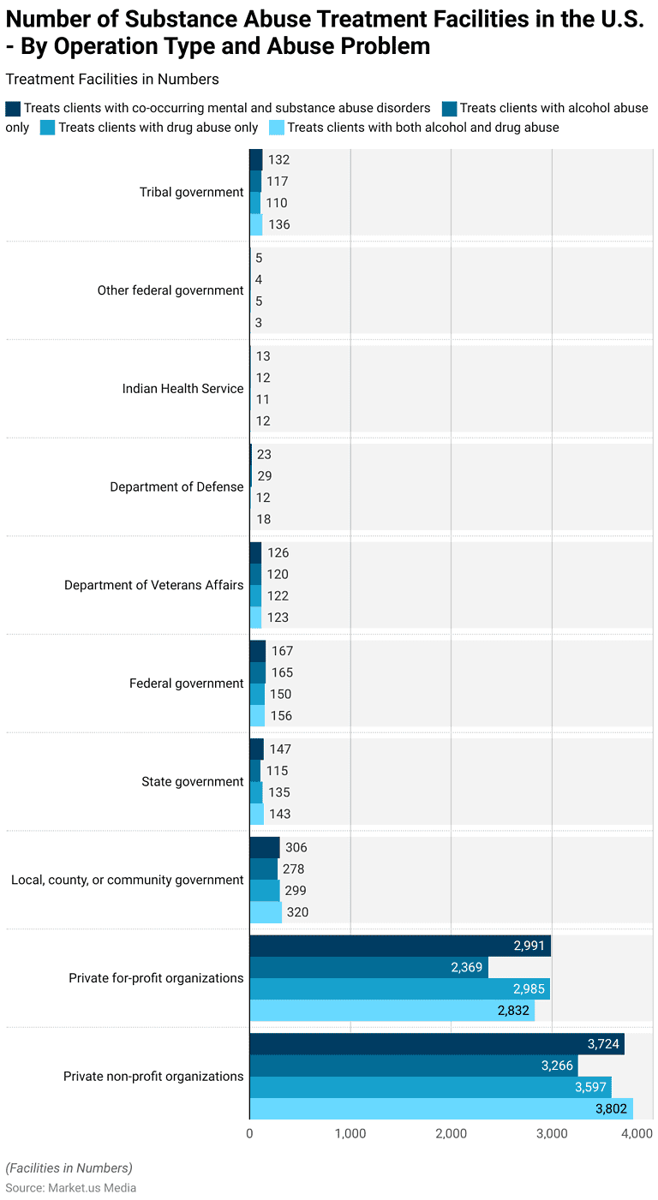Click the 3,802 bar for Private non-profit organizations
click(440, 1108)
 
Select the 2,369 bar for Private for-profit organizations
click(368, 967)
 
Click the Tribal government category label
click(191, 192)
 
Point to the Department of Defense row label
click(176, 487)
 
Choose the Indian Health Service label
click(182, 388)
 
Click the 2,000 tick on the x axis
click(451, 1133)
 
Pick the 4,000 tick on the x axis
click(637, 1133)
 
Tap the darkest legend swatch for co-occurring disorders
click(13, 109)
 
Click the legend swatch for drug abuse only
click(47, 128)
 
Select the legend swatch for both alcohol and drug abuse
click(276, 128)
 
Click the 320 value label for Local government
click(297, 912)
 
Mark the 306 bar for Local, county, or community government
click(264, 847)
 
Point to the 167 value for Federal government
click(282, 651)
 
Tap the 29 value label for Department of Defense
click(264, 476)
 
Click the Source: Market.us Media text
click(70, 1187)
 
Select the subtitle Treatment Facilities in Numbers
click(111, 80)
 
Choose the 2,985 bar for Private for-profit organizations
click(399, 989)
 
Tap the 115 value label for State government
click(277, 771)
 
